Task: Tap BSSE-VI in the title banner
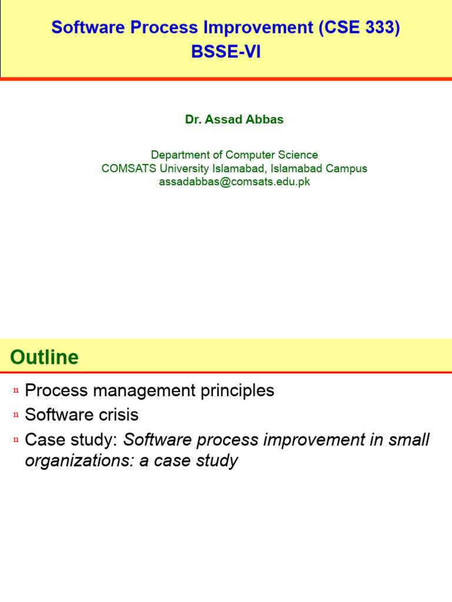226,52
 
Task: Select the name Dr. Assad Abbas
234,119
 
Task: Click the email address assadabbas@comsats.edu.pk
234,182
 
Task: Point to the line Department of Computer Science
234,155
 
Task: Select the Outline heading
44,357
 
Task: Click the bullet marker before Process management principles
16,391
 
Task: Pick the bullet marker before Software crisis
16,416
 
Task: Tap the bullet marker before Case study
16,440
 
